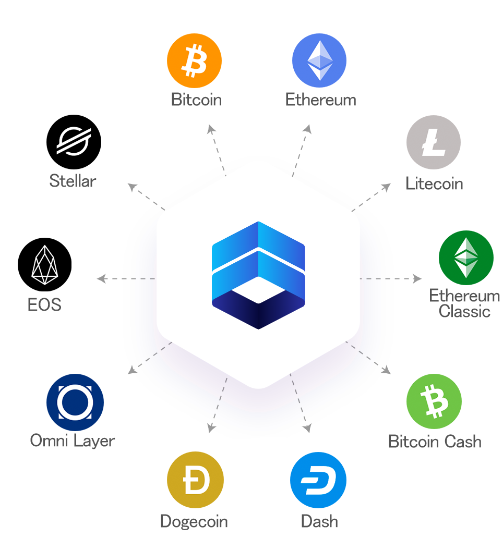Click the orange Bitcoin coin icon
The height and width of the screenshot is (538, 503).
194,60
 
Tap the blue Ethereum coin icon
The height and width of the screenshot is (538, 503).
319,60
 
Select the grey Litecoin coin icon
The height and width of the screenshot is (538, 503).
434,142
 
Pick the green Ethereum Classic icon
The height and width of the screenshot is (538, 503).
466,258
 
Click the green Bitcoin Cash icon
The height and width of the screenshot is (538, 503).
434,401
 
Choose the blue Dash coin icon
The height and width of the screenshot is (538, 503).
318,480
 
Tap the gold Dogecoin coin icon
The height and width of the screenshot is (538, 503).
195,480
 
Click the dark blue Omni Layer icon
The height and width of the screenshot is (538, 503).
75,402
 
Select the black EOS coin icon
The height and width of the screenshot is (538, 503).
44,265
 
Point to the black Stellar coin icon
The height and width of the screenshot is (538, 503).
74,142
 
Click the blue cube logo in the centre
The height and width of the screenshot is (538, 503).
258,275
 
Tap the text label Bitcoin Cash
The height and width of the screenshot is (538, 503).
435,442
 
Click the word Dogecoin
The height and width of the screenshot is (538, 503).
194,521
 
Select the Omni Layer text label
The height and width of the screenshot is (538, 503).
73,441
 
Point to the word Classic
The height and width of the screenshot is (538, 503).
464,312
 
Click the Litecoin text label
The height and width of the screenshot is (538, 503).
434,184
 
